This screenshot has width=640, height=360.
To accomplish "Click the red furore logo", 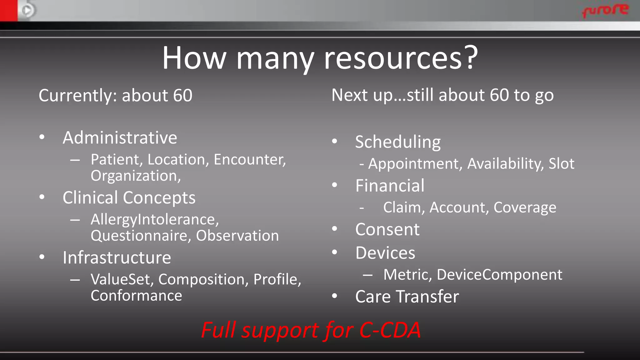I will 605,10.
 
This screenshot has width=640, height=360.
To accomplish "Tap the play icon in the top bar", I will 27,11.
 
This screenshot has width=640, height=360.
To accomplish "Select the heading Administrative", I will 120,138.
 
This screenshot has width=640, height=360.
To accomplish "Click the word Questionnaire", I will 139,236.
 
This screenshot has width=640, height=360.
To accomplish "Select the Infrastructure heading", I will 117,258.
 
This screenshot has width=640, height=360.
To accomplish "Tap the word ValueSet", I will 120,279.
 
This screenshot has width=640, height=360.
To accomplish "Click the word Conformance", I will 136,296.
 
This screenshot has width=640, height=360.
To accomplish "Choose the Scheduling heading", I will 398,142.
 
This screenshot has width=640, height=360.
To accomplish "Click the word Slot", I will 561,164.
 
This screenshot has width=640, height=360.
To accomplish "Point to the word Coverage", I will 525,207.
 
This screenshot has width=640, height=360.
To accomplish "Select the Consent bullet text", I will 387,230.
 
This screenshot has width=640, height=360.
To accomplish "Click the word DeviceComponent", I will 499,275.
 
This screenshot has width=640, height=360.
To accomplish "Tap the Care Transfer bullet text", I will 407,297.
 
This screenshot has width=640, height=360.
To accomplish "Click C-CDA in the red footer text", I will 390,330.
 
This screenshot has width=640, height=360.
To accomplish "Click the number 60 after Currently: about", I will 183,96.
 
